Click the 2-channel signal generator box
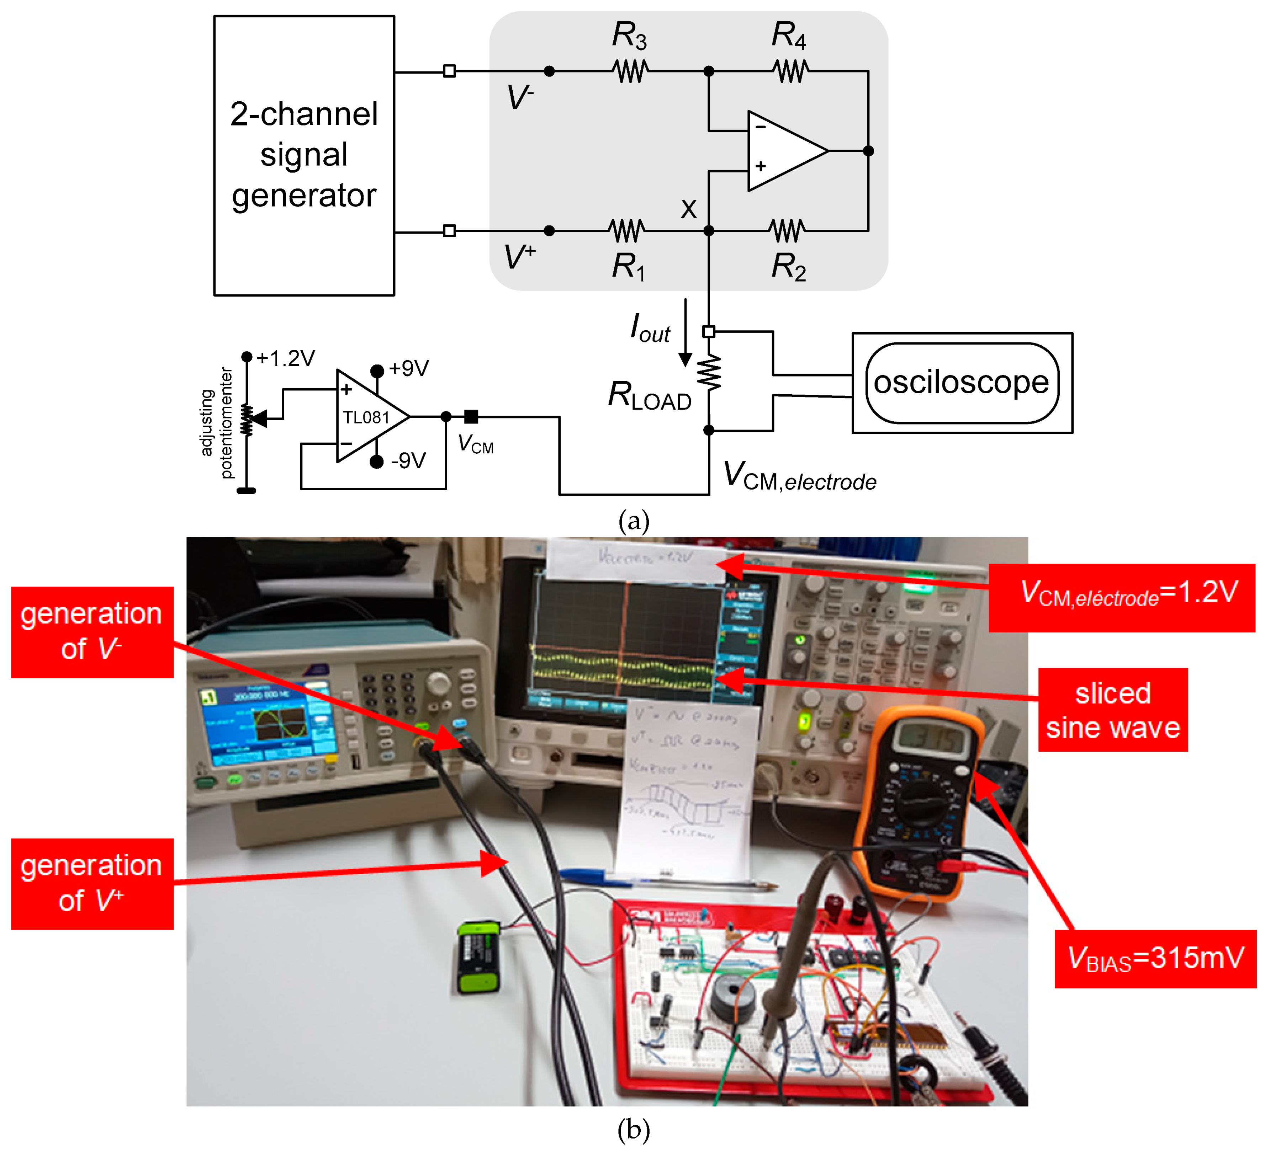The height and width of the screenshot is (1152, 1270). pyautogui.click(x=304, y=155)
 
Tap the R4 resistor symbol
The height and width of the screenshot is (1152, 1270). pyautogui.click(x=790, y=71)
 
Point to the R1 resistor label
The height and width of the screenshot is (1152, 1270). pyautogui.click(x=628, y=266)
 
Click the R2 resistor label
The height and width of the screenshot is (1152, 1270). pyautogui.click(x=788, y=266)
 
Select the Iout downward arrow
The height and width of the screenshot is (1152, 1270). pyautogui.click(x=685, y=334)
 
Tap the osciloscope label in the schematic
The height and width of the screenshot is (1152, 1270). pyautogui.click(x=961, y=383)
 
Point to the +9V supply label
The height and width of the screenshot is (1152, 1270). pyautogui.click(x=408, y=368)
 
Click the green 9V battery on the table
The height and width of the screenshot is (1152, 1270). pyautogui.click(x=479, y=958)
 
